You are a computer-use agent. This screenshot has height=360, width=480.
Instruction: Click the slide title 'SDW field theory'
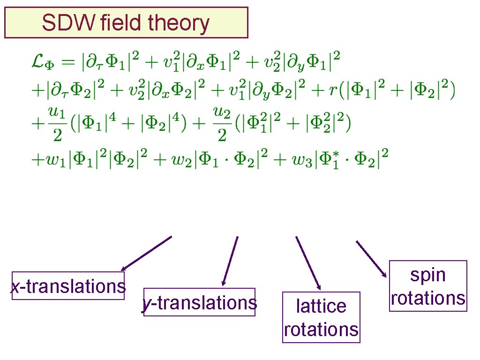pos(126,22)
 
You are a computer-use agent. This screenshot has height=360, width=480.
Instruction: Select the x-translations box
pos(68,285)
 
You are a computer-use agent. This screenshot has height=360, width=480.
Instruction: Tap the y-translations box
pos(200,302)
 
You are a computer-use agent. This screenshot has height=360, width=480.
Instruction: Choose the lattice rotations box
pos(321,317)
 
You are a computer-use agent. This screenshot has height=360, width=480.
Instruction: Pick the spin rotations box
pos(428,286)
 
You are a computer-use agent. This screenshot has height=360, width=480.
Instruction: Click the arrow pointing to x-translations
pos(146,253)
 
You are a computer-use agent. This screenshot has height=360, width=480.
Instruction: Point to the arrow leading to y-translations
pos(230,261)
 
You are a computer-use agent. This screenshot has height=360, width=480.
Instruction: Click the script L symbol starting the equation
pos(36,61)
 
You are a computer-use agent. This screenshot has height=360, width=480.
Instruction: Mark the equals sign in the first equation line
pos(69,62)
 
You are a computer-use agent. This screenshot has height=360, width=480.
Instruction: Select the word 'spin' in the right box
pos(427,275)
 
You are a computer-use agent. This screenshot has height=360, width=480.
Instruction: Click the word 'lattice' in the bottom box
pos(321,306)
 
